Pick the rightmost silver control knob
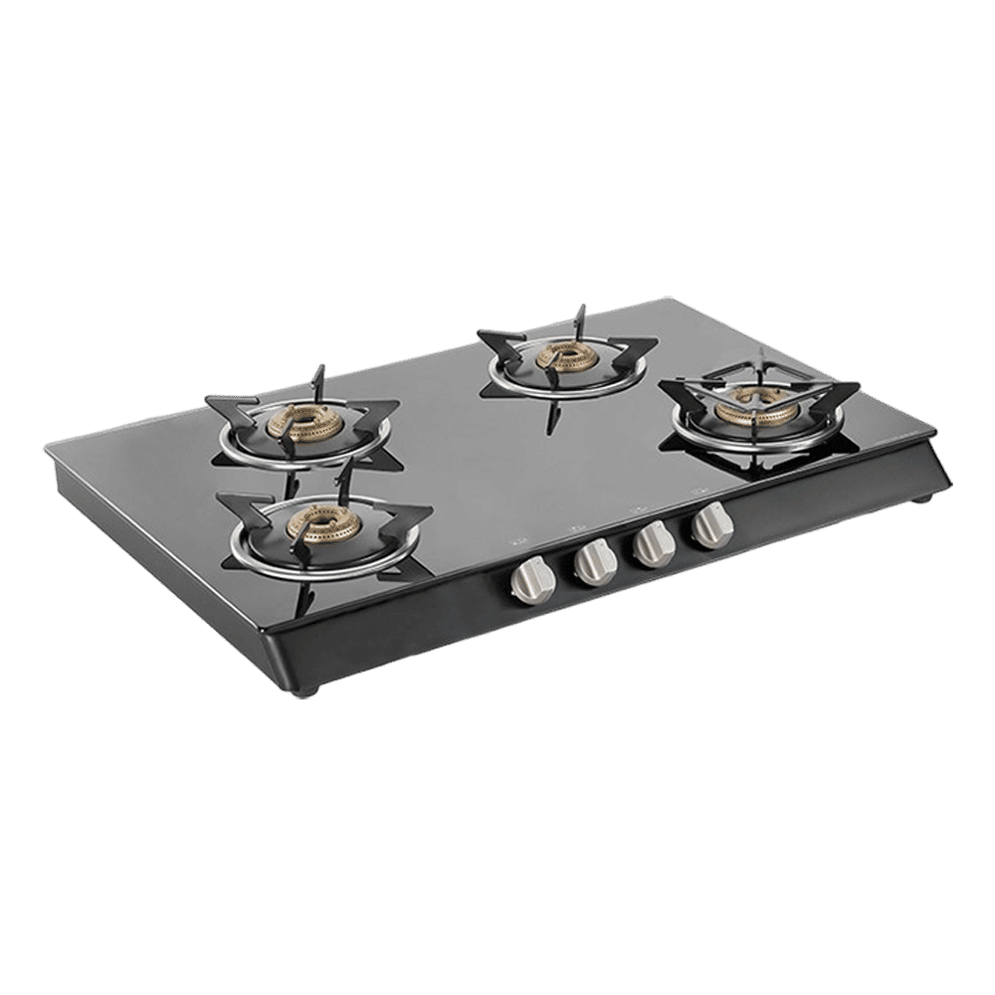point(709,526)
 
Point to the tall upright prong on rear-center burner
point(579,321)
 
